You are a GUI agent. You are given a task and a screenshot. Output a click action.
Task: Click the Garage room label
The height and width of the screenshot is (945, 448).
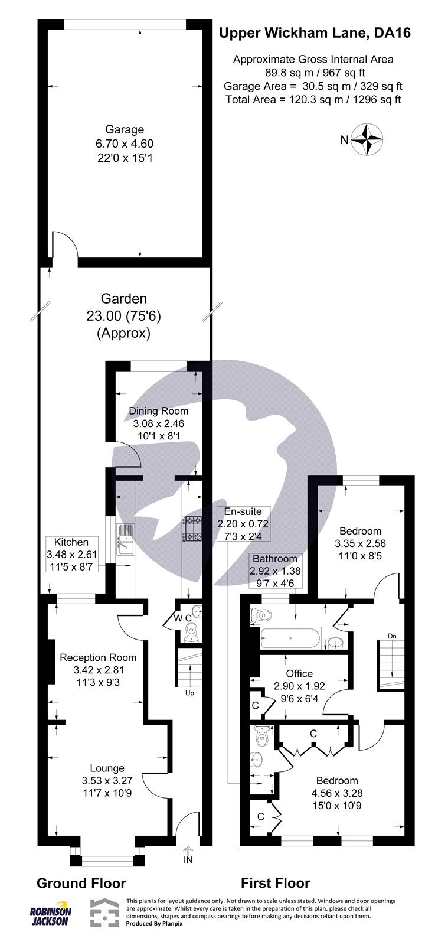(124, 130)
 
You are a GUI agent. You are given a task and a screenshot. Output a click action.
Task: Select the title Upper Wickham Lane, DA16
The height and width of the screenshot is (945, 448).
(315, 34)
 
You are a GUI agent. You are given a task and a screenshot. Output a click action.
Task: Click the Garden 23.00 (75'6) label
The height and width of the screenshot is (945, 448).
(124, 316)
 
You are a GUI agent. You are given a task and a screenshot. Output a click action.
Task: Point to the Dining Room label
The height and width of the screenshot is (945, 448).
(159, 411)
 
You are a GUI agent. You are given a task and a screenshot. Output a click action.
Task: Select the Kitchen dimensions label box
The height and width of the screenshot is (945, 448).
(71, 553)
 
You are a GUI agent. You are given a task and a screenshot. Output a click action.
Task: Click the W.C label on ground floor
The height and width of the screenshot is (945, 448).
(182, 618)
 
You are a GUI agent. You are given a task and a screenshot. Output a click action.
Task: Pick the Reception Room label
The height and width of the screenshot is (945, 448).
(98, 657)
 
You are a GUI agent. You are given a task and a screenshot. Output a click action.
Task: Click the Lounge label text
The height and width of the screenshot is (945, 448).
(107, 768)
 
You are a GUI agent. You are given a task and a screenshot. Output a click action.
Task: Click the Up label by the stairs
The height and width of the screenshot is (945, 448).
(189, 693)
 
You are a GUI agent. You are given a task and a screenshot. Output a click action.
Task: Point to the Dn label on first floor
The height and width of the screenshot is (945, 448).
(392, 636)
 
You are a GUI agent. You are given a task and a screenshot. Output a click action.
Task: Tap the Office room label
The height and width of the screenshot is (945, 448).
(299, 673)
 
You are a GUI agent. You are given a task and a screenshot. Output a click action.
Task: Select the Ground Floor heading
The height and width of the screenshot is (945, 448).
(81, 883)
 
